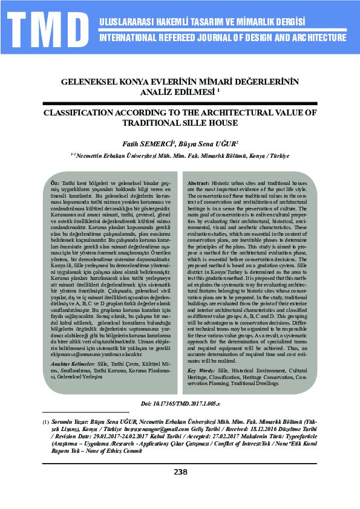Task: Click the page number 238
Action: click(x=180, y=472)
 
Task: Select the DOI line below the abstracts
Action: click(x=180, y=403)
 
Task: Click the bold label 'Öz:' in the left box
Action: click(x=54, y=183)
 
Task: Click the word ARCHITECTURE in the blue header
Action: click(x=314, y=37)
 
